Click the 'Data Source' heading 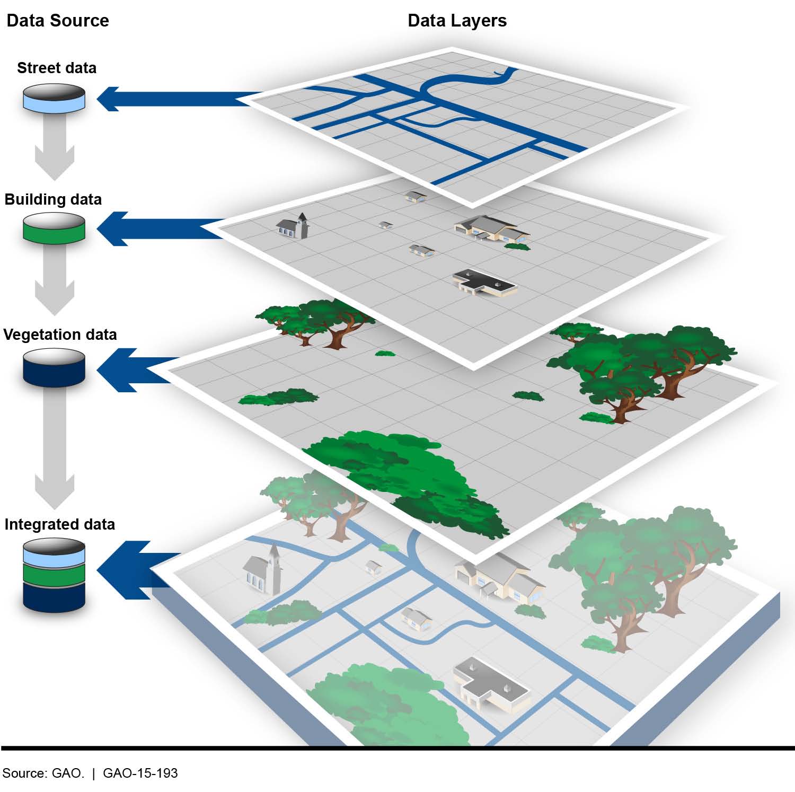(x=57, y=21)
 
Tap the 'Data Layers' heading (x=457, y=21)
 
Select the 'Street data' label (x=57, y=68)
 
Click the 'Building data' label (x=53, y=199)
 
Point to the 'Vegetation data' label (x=60, y=335)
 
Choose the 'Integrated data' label (x=59, y=524)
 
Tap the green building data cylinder (x=54, y=228)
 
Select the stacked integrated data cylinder (x=54, y=575)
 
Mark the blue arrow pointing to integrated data (x=138, y=570)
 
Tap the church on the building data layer (x=293, y=226)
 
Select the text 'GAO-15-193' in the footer (x=140, y=773)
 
